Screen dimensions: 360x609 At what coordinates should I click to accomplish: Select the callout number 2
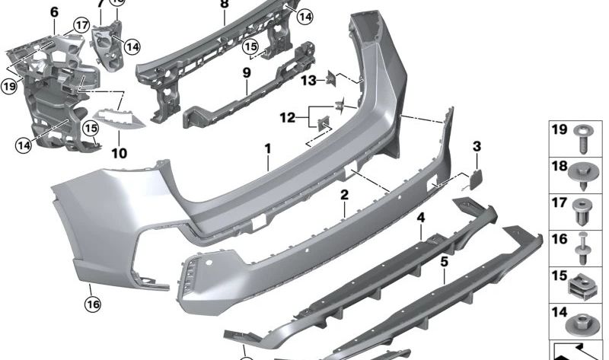(344, 196)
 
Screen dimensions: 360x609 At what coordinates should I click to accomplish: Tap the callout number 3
(477, 146)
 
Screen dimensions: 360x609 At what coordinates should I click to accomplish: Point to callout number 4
(420, 218)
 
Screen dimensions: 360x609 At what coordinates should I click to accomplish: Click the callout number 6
(54, 12)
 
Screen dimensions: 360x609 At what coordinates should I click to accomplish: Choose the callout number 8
(224, 4)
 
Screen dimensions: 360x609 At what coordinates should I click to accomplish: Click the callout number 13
(308, 79)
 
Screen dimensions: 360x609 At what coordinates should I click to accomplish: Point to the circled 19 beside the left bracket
(9, 87)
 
